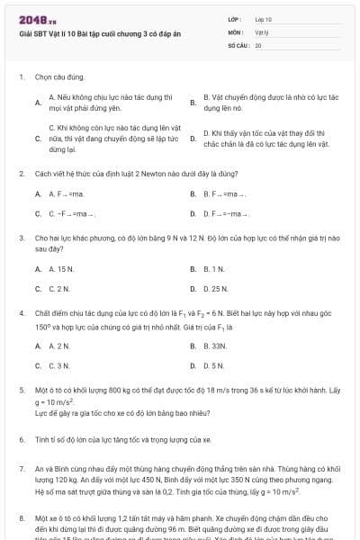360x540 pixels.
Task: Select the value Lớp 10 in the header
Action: click(263, 19)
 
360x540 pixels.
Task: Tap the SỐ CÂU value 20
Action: click(257, 43)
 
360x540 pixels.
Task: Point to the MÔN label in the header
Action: click(234, 31)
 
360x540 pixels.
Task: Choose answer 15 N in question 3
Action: click(61, 269)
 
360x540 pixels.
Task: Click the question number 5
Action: click(21, 391)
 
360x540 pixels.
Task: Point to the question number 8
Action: click(21, 519)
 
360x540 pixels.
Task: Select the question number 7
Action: click(21, 469)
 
